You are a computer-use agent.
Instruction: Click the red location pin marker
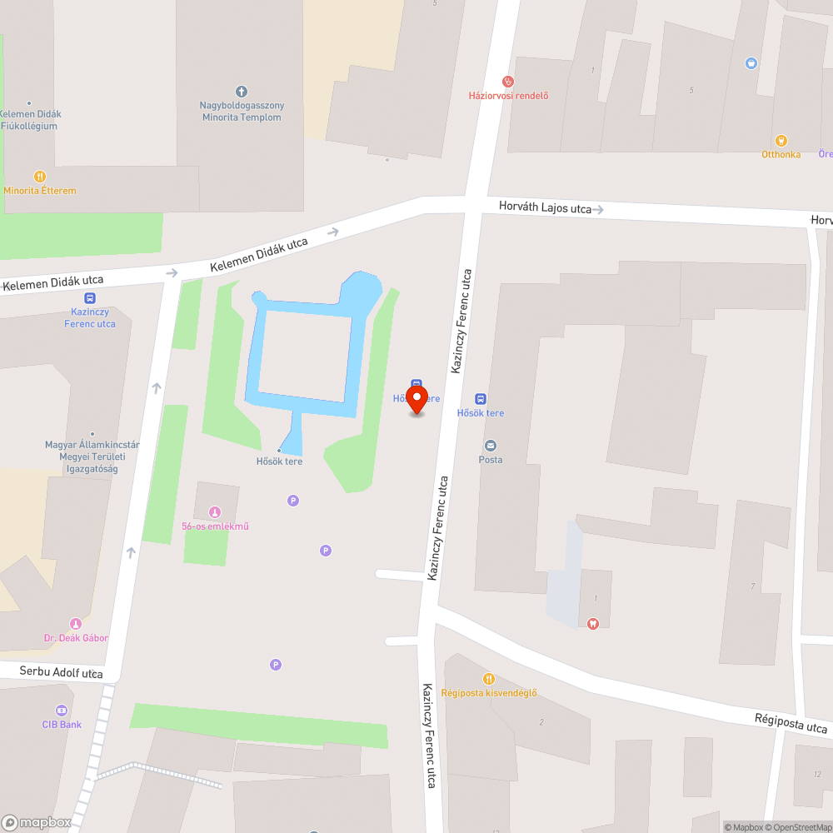coord(416,400)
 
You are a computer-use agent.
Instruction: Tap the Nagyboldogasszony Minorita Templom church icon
coord(242,91)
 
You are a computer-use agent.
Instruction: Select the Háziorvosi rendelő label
coord(508,95)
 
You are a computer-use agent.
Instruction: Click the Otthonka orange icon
coord(781,140)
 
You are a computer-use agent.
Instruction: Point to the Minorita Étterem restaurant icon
coord(39,177)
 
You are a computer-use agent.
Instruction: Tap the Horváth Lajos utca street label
coord(545,207)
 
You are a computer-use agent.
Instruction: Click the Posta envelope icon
coord(490,446)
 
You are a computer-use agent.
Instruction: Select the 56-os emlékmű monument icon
coord(215,512)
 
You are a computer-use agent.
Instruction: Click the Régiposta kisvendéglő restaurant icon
coord(489,679)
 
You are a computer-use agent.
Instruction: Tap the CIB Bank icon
coord(62,711)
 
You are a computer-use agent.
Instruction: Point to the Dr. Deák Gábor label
coord(76,638)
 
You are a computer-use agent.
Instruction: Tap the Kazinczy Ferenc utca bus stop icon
coord(89,299)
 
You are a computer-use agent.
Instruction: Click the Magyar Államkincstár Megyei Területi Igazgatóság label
coord(92,456)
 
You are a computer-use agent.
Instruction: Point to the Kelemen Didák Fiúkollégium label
coord(31,120)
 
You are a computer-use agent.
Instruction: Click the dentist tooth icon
coord(593,623)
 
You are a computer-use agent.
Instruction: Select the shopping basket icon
coord(751,62)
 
